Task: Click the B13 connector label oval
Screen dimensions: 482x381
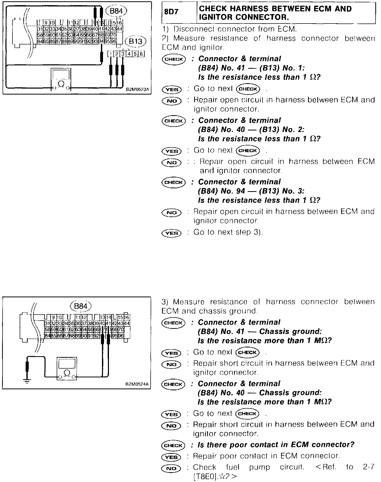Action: [x=135, y=41]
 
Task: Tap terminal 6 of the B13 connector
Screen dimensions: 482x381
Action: [x=141, y=54]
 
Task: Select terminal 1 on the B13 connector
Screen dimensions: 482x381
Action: [x=111, y=54]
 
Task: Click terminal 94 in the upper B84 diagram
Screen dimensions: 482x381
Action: [x=101, y=41]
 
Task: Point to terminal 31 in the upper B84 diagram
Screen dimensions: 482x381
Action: [x=40, y=29]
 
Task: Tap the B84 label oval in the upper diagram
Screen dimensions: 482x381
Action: [x=116, y=11]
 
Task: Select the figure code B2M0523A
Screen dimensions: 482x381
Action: [x=137, y=90]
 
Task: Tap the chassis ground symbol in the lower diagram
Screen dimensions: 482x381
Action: [x=27, y=380]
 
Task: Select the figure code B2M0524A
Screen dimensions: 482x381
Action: [x=137, y=384]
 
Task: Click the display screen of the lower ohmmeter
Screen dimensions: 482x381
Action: [x=67, y=364]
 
